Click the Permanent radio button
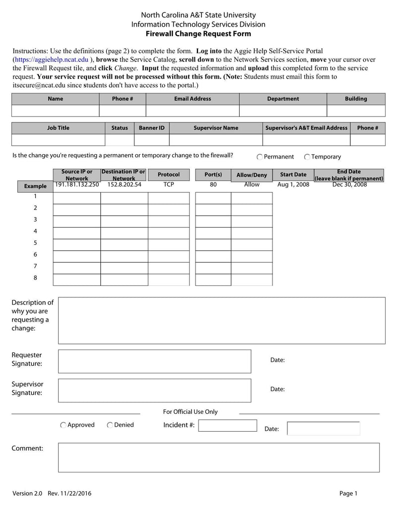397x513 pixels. [260, 157]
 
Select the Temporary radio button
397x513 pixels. [307, 157]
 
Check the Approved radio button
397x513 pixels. [64, 425]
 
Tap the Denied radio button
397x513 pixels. [110, 425]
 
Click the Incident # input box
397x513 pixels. [228, 426]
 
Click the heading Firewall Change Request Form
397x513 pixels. [198, 34]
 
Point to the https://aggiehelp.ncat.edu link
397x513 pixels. [52, 59]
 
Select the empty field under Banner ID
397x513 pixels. [151, 140]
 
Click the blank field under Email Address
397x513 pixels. [193, 111]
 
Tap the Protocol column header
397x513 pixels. [169, 174]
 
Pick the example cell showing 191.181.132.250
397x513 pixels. [77, 184]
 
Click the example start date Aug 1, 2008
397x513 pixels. [293, 184]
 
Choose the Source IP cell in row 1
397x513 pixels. [77, 198]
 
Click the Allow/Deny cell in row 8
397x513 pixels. [252, 280]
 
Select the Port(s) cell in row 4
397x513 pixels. [213, 233]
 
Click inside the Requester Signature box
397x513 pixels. [154, 361]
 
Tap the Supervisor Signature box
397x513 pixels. [154, 390]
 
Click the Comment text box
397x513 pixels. [219, 457]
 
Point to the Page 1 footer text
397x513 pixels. [348, 493]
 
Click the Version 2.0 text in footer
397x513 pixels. [27, 493]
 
